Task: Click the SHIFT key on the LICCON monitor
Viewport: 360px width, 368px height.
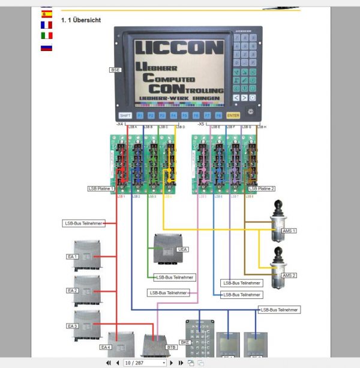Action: (125, 115)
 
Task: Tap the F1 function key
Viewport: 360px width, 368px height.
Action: (140, 115)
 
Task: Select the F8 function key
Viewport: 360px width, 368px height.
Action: (218, 115)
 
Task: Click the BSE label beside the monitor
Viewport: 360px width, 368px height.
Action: (115, 70)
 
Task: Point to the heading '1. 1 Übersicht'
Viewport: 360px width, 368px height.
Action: (81, 20)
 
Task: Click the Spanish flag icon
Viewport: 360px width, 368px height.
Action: (46, 14)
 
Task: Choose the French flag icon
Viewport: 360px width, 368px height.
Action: (46, 25)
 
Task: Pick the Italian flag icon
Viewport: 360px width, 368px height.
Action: (46, 36)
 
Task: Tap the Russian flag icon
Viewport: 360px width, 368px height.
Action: (46, 47)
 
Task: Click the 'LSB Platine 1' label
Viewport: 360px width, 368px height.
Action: (101, 189)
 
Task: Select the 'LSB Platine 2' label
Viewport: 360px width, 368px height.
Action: (262, 189)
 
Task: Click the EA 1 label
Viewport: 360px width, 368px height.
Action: (73, 256)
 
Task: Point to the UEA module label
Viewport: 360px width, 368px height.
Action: (182, 249)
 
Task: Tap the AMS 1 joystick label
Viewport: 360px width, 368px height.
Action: (289, 231)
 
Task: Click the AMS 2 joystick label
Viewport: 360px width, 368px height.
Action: (289, 276)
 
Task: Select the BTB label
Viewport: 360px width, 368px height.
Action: (171, 347)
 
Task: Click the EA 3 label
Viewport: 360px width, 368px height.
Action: (73, 325)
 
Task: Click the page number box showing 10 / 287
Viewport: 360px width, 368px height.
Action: (144, 363)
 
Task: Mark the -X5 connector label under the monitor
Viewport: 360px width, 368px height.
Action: (201, 124)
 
